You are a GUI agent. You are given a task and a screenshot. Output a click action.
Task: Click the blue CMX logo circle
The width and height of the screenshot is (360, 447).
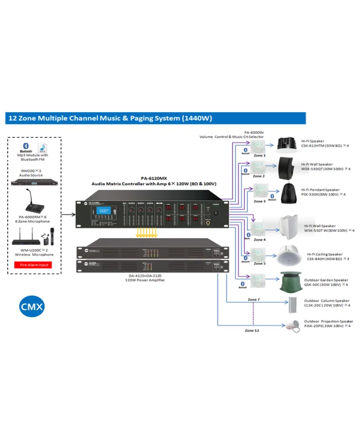tap(32, 307)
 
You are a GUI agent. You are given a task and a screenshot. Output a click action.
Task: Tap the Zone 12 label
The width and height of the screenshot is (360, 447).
tap(252, 330)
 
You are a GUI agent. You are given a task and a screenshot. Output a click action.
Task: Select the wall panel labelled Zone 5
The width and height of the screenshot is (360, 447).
tap(259, 254)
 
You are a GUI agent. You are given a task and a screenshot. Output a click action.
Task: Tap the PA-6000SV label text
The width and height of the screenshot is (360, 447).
tap(254, 132)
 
